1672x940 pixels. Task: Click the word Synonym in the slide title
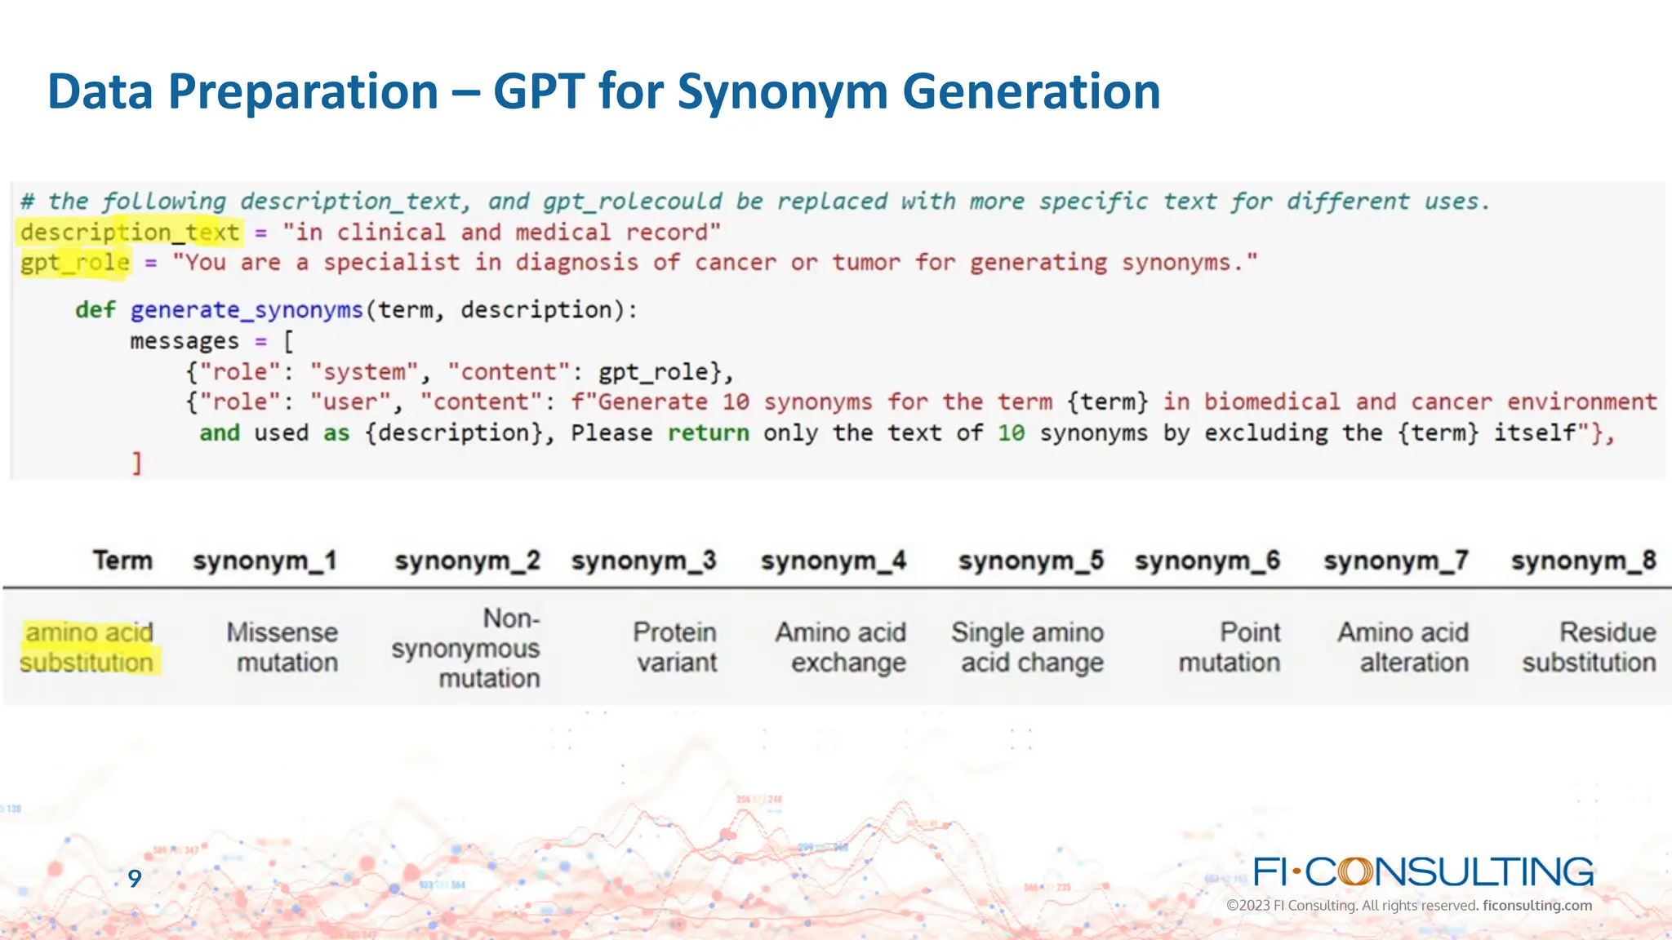[x=781, y=91]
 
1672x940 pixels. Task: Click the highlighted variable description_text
[x=130, y=233]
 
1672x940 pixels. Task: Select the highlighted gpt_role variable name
[x=75, y=263]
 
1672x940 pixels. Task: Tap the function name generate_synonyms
[x=246, y=310]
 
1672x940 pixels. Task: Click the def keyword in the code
[x=95, y=310]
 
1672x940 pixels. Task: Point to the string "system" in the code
[x=363, y=372]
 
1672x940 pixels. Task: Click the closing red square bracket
[x=137, y=463]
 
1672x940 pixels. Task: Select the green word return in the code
[x=708, y=432]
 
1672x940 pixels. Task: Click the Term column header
[x=122, y=561]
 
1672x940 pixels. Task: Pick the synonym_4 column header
[x=833, y=561]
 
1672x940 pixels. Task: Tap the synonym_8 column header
[x=1583, y=561]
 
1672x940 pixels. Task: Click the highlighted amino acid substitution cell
[x=88, y=647]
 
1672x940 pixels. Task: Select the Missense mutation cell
[x=282, y=647]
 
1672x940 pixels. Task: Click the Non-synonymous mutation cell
[x=467, y=648]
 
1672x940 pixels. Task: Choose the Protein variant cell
[x=676, y=647]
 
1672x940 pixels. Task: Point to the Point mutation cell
[x=1230, y=647]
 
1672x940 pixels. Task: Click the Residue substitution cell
[x=1589, y=647]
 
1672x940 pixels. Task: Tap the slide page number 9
[x=135, y=878]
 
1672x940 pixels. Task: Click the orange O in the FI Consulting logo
[x=1355, y=871]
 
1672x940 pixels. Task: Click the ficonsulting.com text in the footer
[x=1536, y=906]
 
